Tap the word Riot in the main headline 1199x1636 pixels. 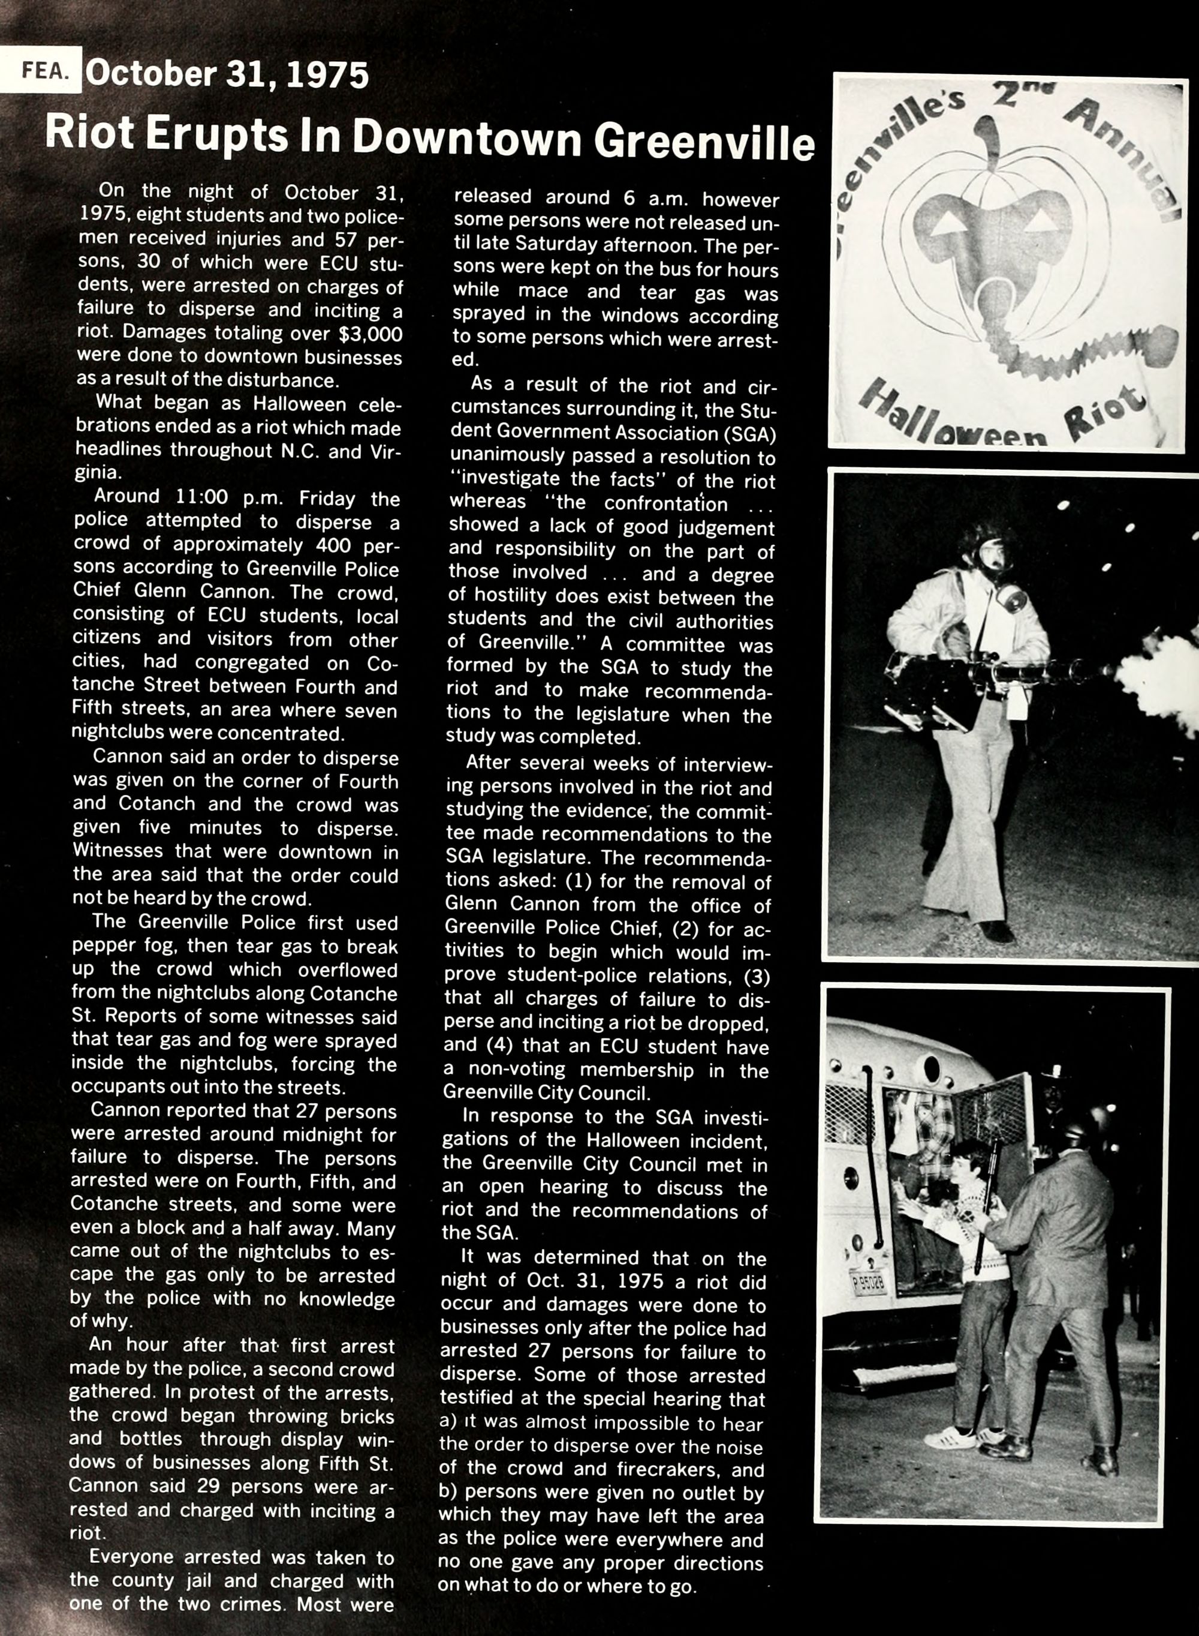(89, 134)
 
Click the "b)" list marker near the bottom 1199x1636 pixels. (448, 1493)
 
